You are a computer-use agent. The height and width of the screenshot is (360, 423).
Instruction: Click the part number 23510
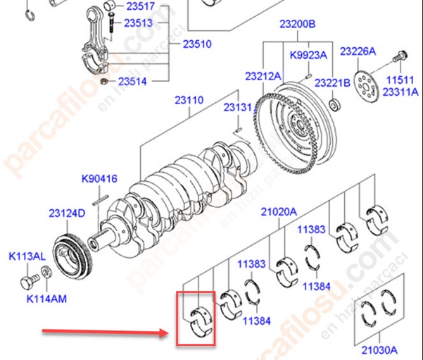click(197, 44)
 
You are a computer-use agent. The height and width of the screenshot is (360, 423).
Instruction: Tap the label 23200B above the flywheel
click(297, 24)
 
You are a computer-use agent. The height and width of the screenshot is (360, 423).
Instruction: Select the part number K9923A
click(308, 55)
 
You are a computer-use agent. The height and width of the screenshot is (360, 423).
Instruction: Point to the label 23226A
click(358, 51)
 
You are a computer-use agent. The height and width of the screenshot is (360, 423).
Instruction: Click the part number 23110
click(189, 100)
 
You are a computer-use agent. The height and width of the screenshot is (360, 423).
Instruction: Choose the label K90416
click(99, 179)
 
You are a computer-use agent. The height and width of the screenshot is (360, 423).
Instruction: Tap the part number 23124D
click(67, 213)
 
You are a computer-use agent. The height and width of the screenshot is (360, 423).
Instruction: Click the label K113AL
click(27, 256)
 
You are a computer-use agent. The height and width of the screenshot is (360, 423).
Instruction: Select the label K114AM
click(46, 299)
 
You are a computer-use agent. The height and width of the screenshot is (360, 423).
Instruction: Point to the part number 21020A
click(279, 212)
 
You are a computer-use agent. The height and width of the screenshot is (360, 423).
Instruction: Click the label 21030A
click(379, 350)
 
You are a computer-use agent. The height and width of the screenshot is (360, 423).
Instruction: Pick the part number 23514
click(132, 81)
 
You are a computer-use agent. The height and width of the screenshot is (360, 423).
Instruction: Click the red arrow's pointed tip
click(169, 333)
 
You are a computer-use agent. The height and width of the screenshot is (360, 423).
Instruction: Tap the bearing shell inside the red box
click(201, 322)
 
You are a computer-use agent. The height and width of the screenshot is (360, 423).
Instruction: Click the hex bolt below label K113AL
click(29, 282)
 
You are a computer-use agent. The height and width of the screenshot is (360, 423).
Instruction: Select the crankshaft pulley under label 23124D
click(72, 259)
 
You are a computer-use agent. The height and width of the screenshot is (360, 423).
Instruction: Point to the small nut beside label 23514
click(104, 81)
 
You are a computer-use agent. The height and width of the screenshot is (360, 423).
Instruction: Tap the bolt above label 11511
click(400, 56)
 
